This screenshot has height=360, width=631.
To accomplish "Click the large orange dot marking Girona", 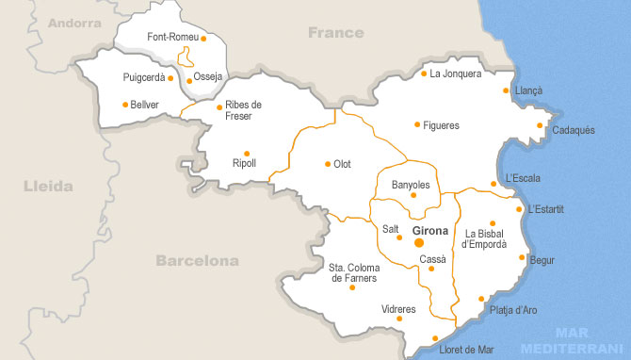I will (419, 242).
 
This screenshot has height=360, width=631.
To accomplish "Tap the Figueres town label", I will (441, 124).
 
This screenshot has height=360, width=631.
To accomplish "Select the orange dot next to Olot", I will (328, 164).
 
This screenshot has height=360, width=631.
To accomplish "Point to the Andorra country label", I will (73, 23).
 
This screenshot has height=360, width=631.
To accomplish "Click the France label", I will (335, 33).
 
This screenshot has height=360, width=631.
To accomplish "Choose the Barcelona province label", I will (197, 260).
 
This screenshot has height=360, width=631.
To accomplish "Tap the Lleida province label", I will (48, 187).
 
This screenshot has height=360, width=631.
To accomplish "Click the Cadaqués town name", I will (573, 130).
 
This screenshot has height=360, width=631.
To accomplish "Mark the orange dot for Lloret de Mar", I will (434, 337).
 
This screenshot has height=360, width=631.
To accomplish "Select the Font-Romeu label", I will (172, 37).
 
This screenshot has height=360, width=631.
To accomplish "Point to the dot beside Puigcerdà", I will (171, 77).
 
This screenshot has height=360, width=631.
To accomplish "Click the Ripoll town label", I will (244, 163).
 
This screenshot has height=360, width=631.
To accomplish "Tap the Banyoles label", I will (411, 185).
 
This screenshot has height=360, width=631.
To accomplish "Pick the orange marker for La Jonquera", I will (424, 74).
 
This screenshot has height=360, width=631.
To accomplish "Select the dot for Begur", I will (522, 257).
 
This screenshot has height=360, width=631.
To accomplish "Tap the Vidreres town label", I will (398, 309).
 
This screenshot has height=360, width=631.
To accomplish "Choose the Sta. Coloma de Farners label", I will (354, 272).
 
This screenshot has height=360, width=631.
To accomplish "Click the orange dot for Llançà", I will (507, 90).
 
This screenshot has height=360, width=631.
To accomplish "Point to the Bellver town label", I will (145, 104).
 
